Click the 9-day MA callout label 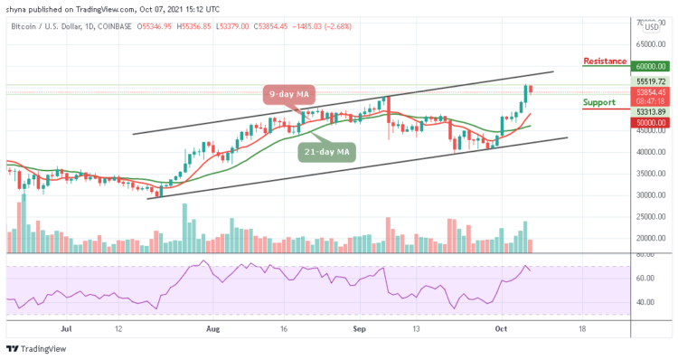(x=288, y=93)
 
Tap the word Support (x=599, y=102)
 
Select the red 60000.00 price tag (x=651, y=66)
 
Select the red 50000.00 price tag (x=651, y=120)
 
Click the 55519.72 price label (x=651, y=81)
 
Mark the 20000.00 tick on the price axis (x=652, y=239)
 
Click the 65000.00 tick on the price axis (x=652, y=43)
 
